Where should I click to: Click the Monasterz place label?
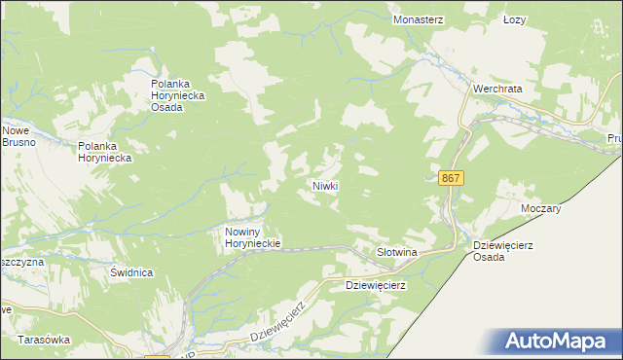(419, 18)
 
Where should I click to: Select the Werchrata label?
(497, 88)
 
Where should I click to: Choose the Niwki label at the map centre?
(324, 185)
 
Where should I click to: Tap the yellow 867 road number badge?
(451, 179)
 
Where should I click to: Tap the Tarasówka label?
(44, 341)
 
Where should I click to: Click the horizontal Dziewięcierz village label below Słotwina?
(376, 286)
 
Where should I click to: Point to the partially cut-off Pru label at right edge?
(613, 139)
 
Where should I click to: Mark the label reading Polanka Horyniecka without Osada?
(110, 151)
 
